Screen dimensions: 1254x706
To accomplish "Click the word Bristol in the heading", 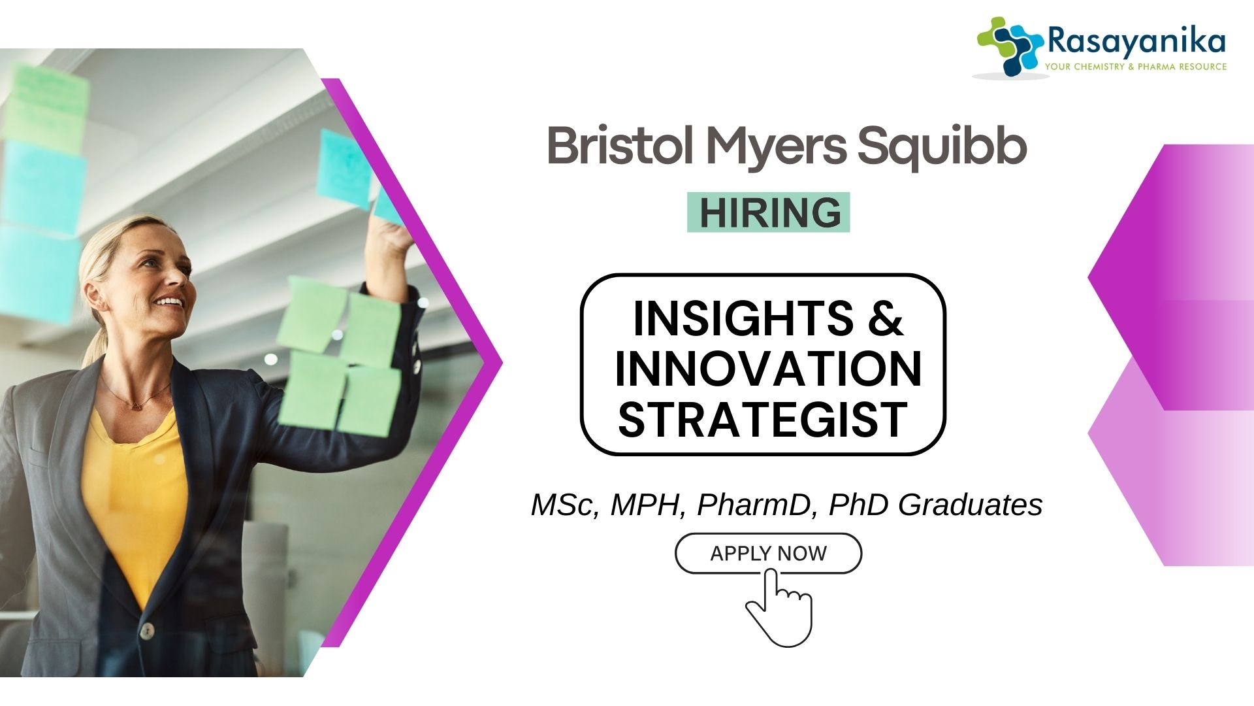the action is click(x=620, y=146).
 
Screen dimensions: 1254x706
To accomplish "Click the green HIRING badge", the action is click(x=769, y=212).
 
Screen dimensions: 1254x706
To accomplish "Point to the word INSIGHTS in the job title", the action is click(x=743, y=318).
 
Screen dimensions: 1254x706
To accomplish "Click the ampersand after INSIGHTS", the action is click(x=886, y=318).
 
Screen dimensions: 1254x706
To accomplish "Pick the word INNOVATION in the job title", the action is click(x=767, y=369).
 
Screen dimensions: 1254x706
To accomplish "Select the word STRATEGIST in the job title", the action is click(x=762, y=419).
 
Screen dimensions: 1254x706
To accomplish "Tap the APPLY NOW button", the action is click(x=768, y=554).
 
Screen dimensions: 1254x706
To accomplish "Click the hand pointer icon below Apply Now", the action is click(x=780, y=608).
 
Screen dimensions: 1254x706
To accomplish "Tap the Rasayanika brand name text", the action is click(x=1136, y=42).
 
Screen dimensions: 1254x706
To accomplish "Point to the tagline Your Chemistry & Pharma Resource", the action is click(x=1136, y=67).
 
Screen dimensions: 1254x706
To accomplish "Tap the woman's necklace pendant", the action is click(x=136, y=405).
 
